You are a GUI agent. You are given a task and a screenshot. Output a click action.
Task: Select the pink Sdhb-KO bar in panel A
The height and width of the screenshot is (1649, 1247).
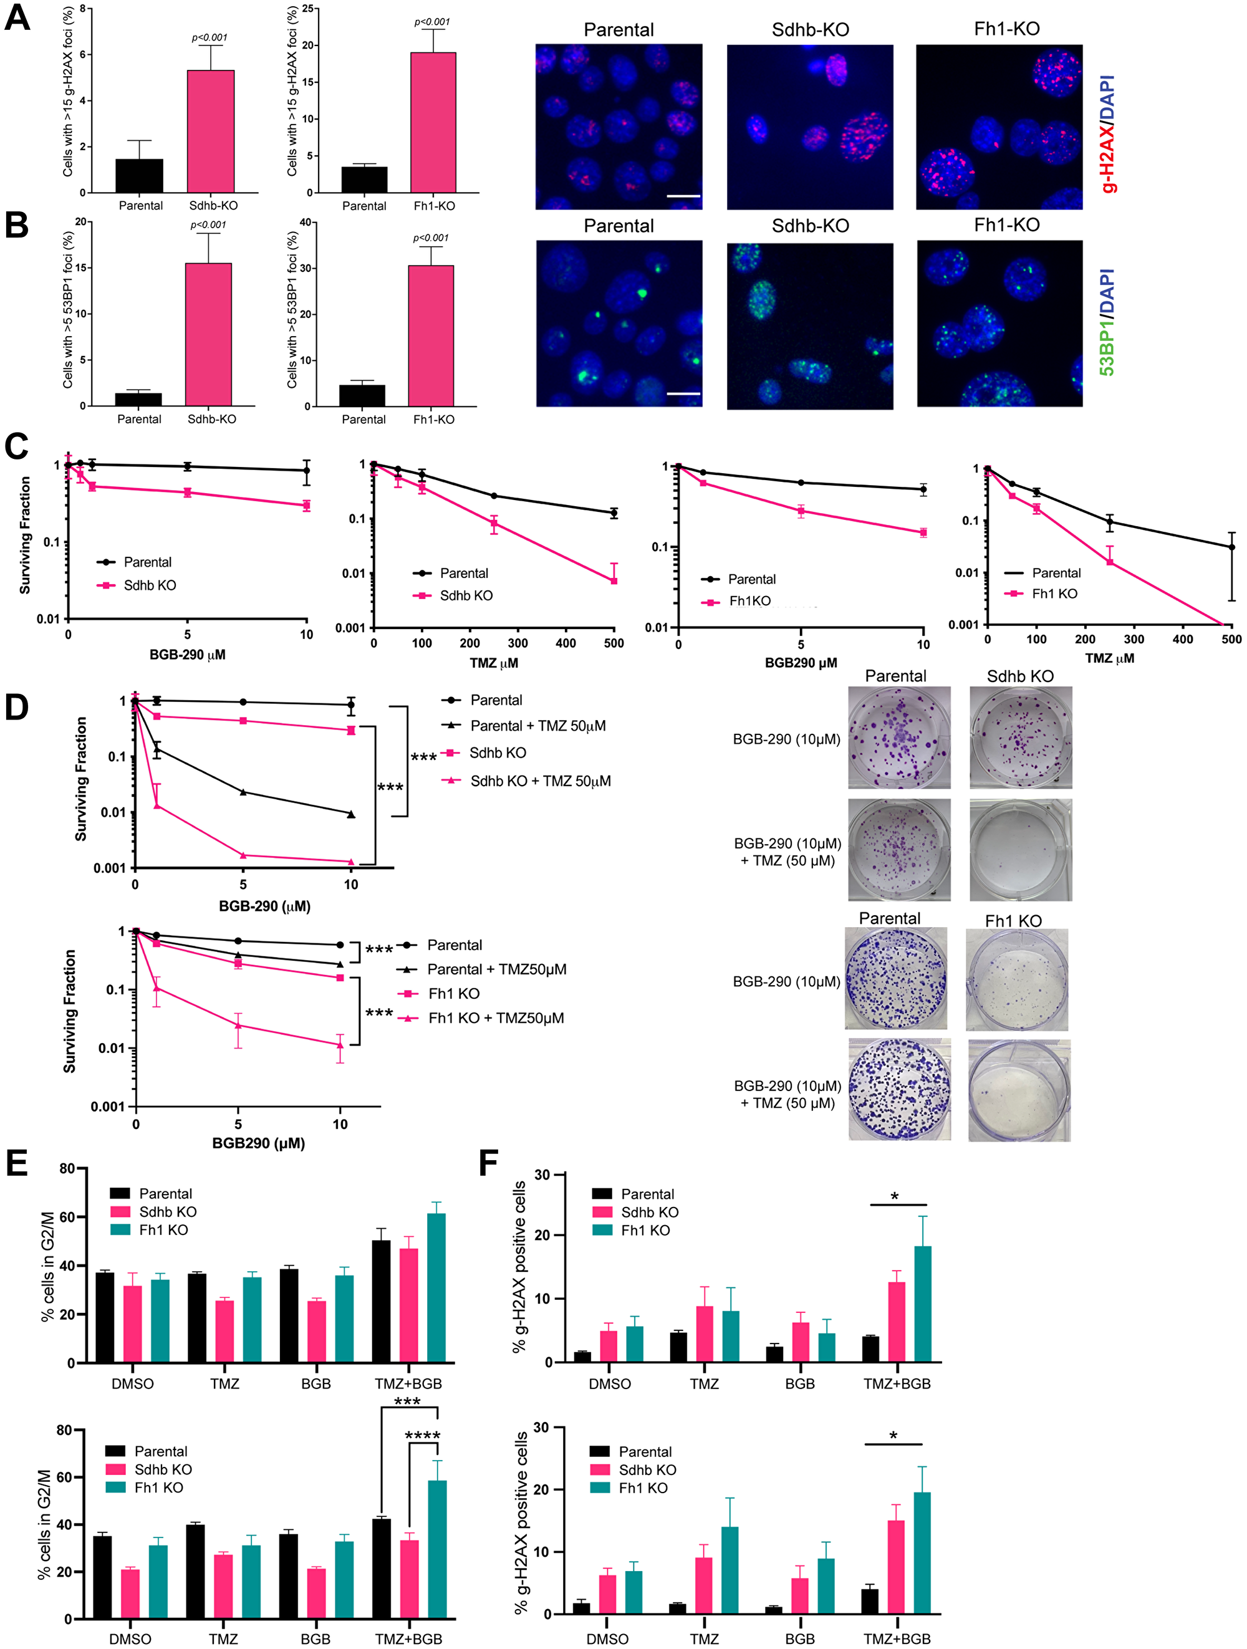(211, 131)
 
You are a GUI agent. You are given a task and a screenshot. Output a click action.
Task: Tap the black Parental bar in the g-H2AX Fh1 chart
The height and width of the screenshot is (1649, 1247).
(364, 180)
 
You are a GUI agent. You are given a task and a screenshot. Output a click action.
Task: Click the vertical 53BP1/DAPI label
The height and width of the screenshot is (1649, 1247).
(1107, 322)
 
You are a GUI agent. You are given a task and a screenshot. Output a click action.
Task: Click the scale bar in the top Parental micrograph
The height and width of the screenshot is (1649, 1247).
(683, 196)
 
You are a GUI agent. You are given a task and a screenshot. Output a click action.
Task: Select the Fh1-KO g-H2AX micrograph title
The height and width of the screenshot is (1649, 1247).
(1006, 29)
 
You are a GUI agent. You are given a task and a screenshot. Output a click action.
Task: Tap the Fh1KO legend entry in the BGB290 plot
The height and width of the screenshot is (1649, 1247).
(749, 601)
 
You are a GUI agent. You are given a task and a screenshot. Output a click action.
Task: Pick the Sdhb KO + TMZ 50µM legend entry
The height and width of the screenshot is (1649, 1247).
(541, 781)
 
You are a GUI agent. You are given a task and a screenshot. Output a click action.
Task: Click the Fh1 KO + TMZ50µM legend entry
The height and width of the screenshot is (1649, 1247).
(496, 1018)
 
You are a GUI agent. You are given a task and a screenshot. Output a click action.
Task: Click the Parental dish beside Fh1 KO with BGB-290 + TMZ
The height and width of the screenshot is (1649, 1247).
(899, 1090)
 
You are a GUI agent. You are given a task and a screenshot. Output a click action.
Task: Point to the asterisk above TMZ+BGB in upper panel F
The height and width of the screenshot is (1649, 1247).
(895, 1197)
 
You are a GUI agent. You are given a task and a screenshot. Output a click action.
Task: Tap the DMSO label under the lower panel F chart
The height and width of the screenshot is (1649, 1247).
(607, 1639)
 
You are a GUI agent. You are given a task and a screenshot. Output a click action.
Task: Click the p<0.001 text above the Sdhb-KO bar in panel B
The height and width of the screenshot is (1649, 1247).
(208, 224)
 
